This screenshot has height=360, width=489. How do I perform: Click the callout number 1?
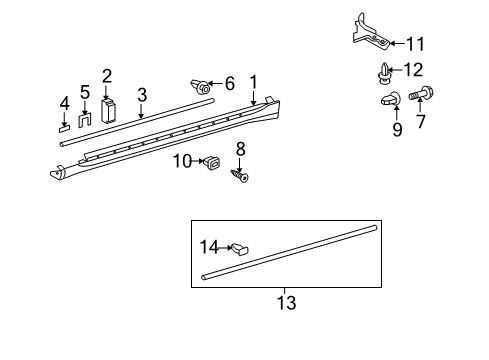[254, 81]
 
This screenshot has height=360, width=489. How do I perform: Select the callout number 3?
[142, 95]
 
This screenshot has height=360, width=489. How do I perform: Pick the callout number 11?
[417, 43]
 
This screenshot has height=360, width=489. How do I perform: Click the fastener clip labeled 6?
[203, 87]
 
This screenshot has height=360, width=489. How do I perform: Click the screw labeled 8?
[241, 176]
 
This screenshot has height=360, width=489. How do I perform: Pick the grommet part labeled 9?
[392, 99]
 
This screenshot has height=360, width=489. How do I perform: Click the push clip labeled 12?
[388, 71]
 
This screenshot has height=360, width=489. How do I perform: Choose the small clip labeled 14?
[242, 248]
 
